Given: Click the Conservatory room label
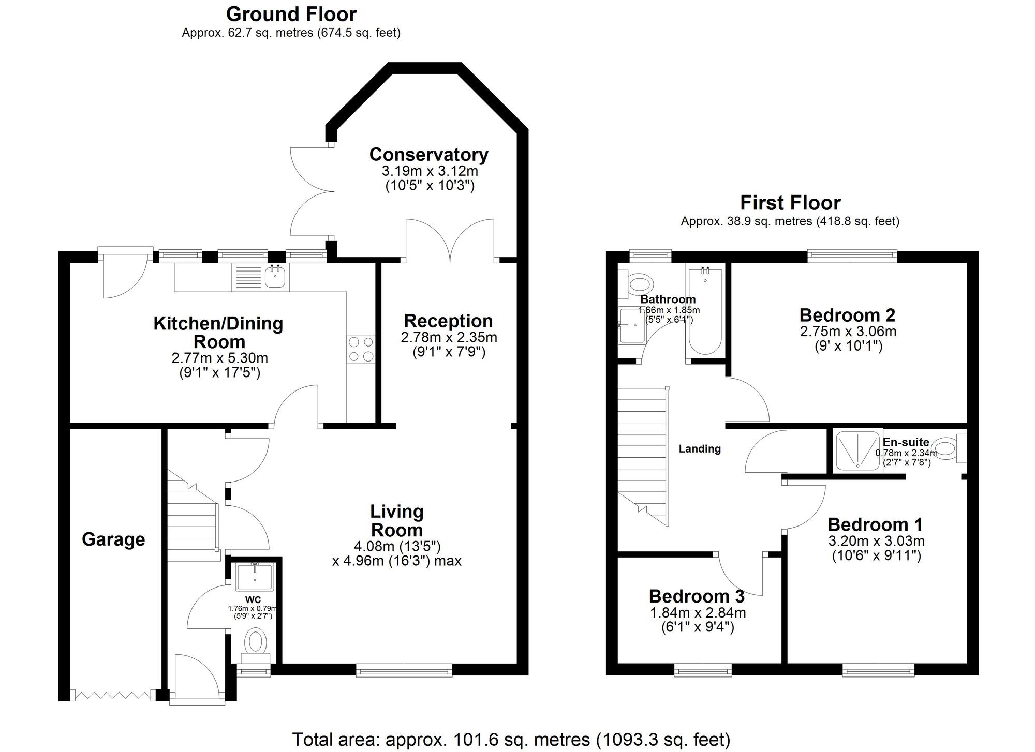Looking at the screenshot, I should point(428,155).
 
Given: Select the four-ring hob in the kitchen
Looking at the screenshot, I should point(361,349).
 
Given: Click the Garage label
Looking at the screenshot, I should point(113,539).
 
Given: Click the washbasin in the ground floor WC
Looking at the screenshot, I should point(255,577).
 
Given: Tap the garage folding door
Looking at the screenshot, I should point(113,695).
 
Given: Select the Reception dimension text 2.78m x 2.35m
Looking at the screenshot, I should point(449,338).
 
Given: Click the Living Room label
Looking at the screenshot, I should point(397,521).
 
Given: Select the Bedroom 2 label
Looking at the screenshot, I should point(847,315).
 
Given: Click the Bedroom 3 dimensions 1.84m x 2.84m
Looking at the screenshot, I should point(698,613).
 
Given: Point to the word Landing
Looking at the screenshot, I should point(700,449).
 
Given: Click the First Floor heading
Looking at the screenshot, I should point(790,203).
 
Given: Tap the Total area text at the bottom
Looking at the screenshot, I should point(511,740).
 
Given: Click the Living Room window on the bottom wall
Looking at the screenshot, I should point(404,671).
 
